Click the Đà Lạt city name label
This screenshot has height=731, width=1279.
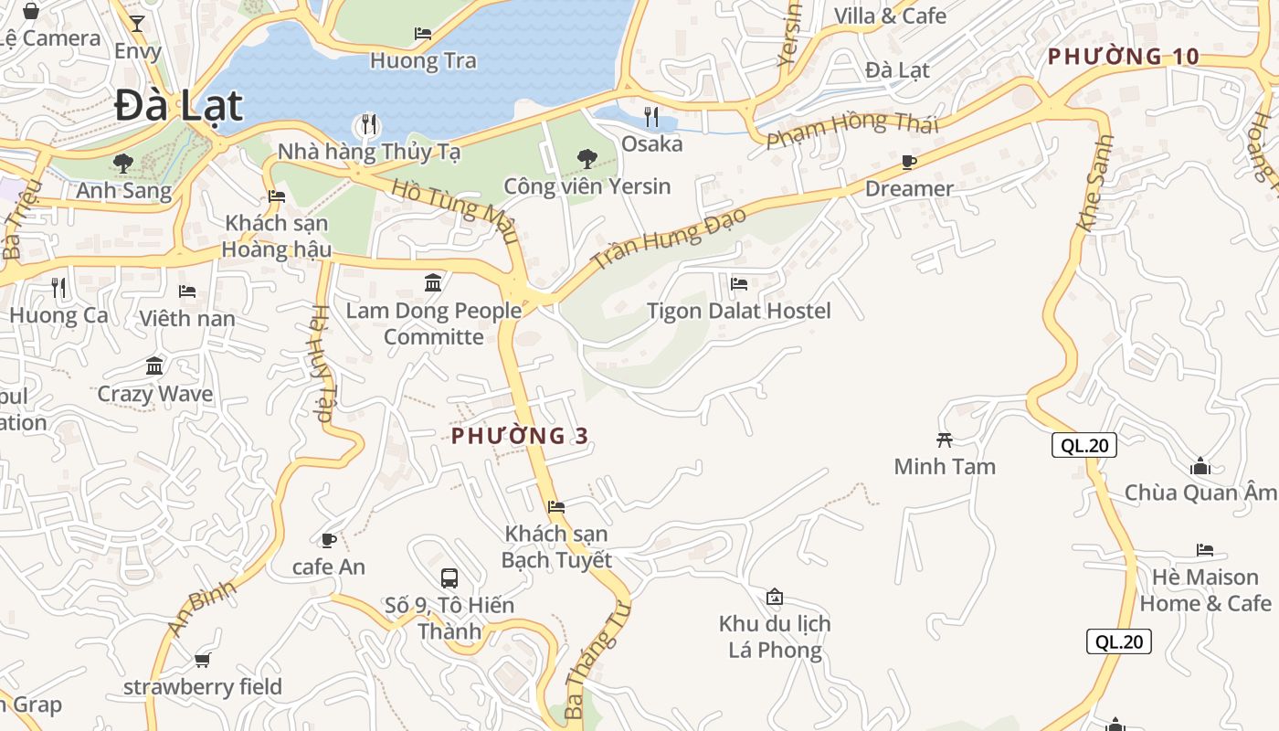pyautogui.click(x=179, y=107)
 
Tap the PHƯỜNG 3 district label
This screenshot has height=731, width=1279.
pyautogui.click(x=520, y=436)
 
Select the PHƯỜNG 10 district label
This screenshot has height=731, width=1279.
pyautogui.click(x=1123, y=57)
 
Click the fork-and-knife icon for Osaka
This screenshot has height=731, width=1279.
pyautogui.click(x=651, y=116)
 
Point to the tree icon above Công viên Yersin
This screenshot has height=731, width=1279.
pyautogui.click(x=587, y=159)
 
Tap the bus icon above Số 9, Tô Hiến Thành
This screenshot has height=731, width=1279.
pyautogui.click(x=449, y=577)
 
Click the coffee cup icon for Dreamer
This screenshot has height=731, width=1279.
pyautogui.click(x=908, y=162)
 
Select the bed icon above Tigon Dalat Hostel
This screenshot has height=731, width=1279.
pyautogui.click(x=738, y=283)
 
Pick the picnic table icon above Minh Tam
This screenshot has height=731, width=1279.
pyautogui.click(x=945, y=440)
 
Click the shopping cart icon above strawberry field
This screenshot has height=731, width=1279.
pyautogui.click(x=202, y=660)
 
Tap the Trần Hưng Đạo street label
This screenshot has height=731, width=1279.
pyautogui.click(x=669, y=238)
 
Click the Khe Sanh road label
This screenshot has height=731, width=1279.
pyautogui.click(x=1095, y=183)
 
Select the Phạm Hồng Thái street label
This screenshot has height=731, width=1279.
pyautogui.click(x=851, y=129)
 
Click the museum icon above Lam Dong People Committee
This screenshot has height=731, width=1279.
pyautogui.click(x=433, y=283)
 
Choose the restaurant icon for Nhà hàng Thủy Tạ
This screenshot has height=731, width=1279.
pyautogui.click(x=368, y=123)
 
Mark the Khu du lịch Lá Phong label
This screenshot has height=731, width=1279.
pyautogui.click(x=775, y=637)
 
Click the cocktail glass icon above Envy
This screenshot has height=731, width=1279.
pyautogui.click(x=137, y=24)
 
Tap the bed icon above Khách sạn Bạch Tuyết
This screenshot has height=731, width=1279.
pyautogui.click(x=555, y=506)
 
